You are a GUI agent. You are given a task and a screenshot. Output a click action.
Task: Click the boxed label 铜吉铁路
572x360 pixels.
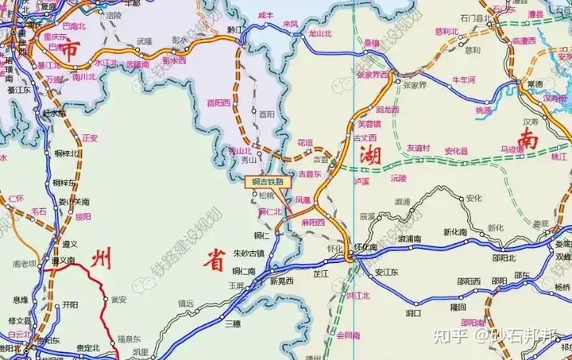(x=268, y=181)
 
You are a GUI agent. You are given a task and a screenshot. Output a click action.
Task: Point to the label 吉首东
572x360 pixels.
(x=309, y=173)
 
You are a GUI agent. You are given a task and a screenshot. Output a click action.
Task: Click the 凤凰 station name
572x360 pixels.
(x=303, y=202)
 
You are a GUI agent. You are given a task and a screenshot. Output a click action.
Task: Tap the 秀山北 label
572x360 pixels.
(x=240, y=149)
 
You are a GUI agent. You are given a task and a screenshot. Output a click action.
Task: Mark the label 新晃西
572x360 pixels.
(x=280, y=281)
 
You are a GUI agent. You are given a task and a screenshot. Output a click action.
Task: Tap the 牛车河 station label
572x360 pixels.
(x=462, y=79)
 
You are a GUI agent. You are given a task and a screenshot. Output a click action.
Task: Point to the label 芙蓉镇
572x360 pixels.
(x=369, y=123)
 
